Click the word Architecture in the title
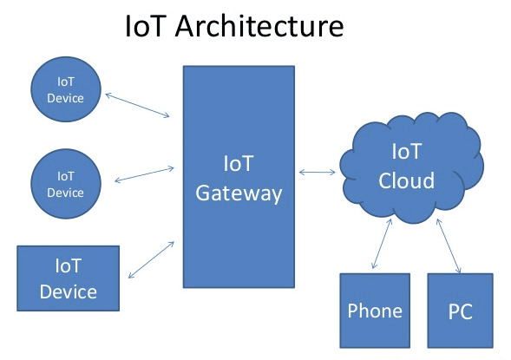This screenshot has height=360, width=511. point(259,26)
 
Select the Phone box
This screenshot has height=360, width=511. point(375,310)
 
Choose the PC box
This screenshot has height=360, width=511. point(460,310)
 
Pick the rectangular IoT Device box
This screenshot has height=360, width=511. point(69,278)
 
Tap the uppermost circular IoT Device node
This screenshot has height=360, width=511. point(65,89)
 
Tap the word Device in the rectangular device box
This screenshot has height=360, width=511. point(69,291)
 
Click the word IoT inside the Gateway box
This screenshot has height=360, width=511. point(238,164)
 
